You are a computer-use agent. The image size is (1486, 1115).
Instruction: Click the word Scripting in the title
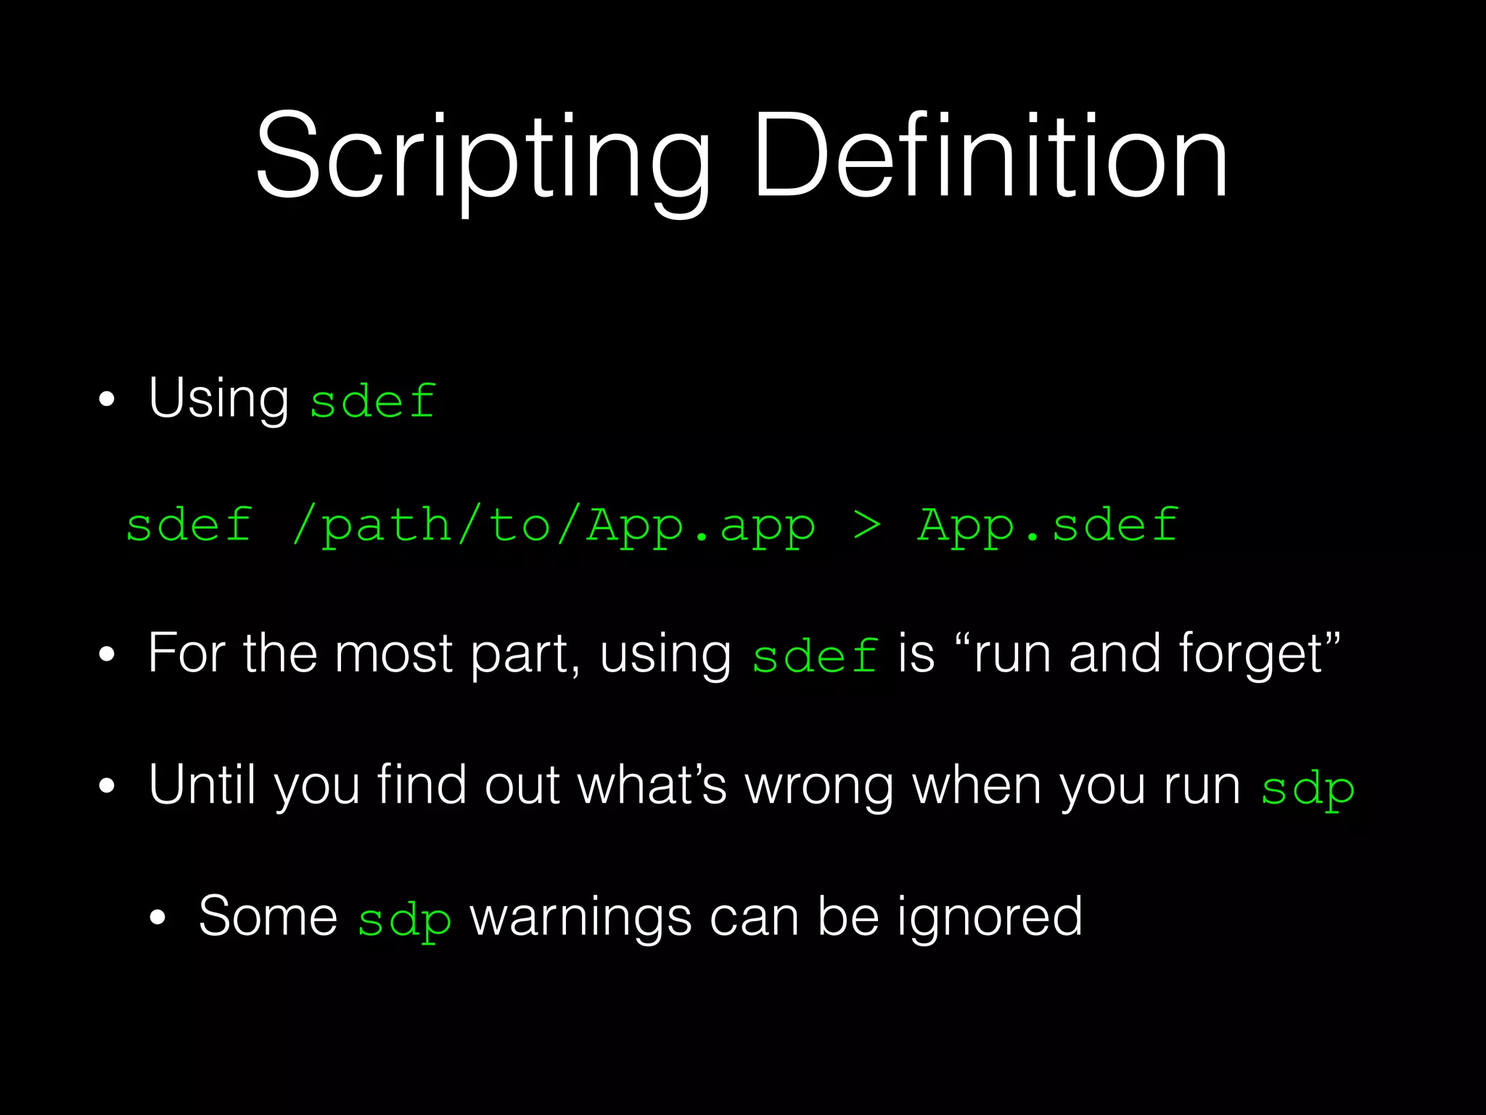482,156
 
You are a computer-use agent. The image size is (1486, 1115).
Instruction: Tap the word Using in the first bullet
218,399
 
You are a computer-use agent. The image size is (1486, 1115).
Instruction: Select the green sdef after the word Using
373,401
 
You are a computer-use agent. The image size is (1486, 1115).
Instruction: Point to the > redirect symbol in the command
866,525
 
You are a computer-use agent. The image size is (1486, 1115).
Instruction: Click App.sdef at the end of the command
1047,525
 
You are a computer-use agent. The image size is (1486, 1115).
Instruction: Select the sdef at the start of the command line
189,525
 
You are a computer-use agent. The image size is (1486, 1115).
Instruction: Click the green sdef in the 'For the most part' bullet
815,656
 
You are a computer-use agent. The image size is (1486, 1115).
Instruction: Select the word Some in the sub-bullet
268,916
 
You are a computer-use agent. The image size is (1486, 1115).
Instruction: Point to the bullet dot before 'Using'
107,400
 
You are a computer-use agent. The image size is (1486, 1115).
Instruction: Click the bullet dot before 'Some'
157,918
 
